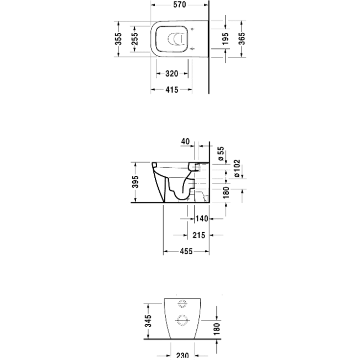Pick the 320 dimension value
[x=171, y=74]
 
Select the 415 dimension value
[x=171, y=90]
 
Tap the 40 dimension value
[x=185, y=142]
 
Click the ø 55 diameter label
[x=221, y=154]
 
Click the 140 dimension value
[x=202, y=218]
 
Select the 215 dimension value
[x=198, y=235]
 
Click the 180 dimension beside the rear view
[x=217, y=328]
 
